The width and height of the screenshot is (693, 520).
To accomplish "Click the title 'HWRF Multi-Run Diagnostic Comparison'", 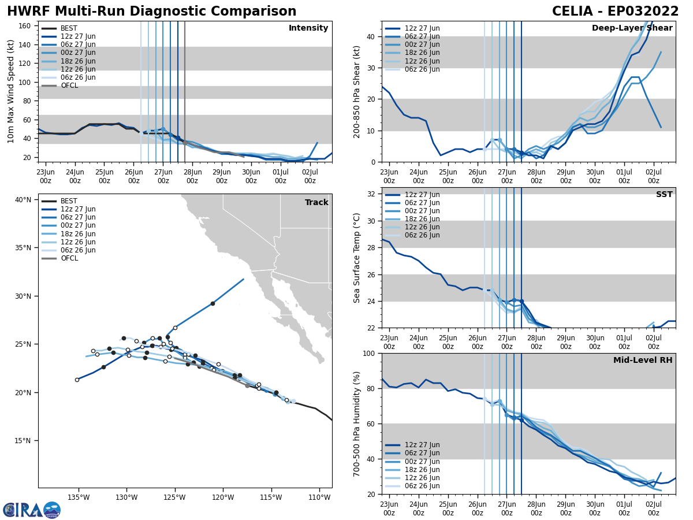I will coord(151,12).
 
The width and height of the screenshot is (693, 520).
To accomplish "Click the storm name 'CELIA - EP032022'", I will coord(615,12).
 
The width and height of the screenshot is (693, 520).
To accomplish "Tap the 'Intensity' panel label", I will coord(308,28).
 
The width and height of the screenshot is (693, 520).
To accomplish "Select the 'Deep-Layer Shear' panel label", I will coord(632,28).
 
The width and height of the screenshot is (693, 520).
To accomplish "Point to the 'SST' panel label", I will coord(664,195).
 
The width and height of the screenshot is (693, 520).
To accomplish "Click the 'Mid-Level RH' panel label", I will coord(643,361).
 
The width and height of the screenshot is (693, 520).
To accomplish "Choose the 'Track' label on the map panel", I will coord(316,203).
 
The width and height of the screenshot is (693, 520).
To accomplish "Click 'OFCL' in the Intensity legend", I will coord(69,86).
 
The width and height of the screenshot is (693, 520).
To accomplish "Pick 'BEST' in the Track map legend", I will coord(69,201).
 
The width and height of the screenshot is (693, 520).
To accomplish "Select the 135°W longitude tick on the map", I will coord(79,497).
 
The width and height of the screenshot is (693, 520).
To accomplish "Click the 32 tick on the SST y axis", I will coord(372,194).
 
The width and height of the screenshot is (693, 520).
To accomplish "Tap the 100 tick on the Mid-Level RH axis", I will coord(368,353).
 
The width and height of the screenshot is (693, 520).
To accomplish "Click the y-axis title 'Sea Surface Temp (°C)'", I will coord(357,258).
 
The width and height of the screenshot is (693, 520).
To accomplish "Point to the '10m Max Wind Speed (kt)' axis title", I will coord(10,91).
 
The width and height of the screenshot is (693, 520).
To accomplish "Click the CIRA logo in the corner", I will coord(32,510).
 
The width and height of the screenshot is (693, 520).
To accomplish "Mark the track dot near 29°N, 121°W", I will coord(213,303).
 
